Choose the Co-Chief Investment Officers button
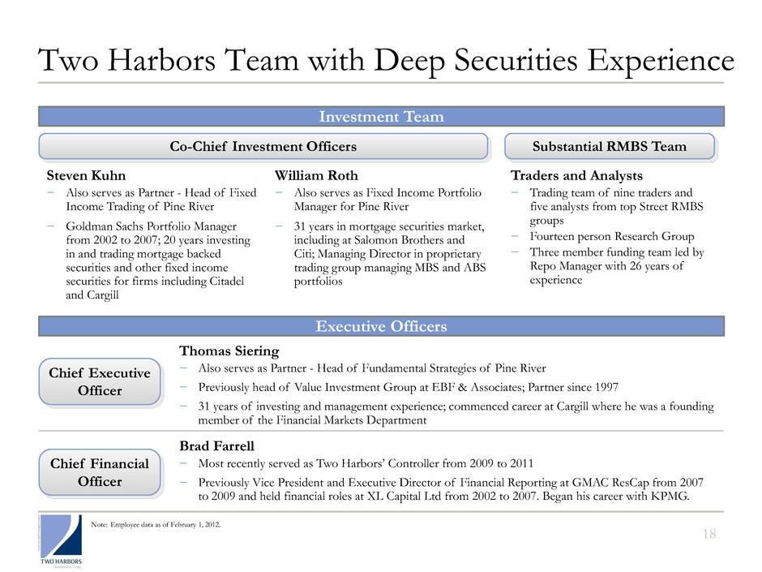(264, 146)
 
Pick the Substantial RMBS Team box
(610, 146)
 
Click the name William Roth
(316, 176)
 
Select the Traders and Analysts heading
(576, 176)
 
